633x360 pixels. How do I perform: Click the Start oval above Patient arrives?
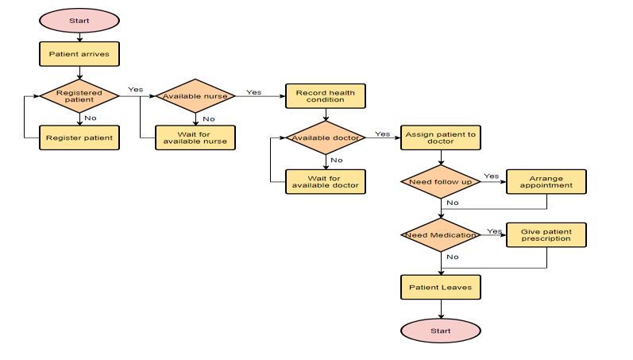click(x=79, y=20)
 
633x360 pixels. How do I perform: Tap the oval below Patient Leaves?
click(x=441, y=331)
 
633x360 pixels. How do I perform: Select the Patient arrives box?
click(x=79, y=54)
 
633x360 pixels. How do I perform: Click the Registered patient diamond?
click(x=79, y=96)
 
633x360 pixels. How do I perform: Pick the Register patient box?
click(x=79, y=137)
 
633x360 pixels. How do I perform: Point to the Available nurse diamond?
click(x=195, y=96)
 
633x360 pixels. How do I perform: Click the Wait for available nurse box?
click(x=195, y=137)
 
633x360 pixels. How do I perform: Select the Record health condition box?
click(x=326, y=96)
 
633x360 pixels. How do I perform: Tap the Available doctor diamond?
click(x=326, y=137)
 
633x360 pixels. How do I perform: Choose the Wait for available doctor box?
click(x=326, y=181)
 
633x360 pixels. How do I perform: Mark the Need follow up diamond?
click(x=441, y=182)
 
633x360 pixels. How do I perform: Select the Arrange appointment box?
click(x=546, y=182)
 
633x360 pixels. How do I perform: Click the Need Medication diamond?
click(x=441, y=235)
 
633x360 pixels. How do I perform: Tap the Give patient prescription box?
click(x=546, y=235)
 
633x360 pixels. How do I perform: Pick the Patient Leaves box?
click(x=441, y=287)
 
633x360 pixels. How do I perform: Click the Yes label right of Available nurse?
click(x=253, y=92)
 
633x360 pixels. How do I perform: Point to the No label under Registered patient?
click(x=91, y=118)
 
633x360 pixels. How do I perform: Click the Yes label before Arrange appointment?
click(x=491, y=176)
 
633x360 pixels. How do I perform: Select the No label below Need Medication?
click(x=452, y=257)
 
